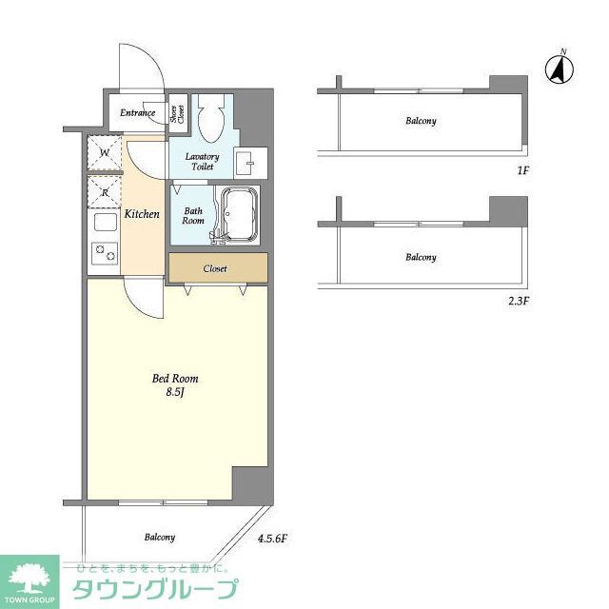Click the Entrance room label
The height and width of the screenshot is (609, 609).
pos(138,113)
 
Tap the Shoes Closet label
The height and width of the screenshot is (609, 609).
pos(178,114)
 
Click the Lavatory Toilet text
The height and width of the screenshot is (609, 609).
pos(202,161)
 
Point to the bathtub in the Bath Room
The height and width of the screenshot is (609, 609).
pos(240,214)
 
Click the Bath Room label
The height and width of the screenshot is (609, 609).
pos(194,215)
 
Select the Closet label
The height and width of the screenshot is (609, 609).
pos(215,268)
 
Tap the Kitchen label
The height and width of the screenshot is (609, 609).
pos(142,214)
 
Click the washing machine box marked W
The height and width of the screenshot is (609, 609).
pos(104,153)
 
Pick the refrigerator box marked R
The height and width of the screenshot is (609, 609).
pos(104,193)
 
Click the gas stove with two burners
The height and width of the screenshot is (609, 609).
pos(104,254)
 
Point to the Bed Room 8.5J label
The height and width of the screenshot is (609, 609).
pos(176,385)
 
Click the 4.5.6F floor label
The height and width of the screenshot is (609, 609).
pos(272,539)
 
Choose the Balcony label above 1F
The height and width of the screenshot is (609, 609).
pos(421,121)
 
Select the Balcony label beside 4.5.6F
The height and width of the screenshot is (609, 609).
pos(159,538)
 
